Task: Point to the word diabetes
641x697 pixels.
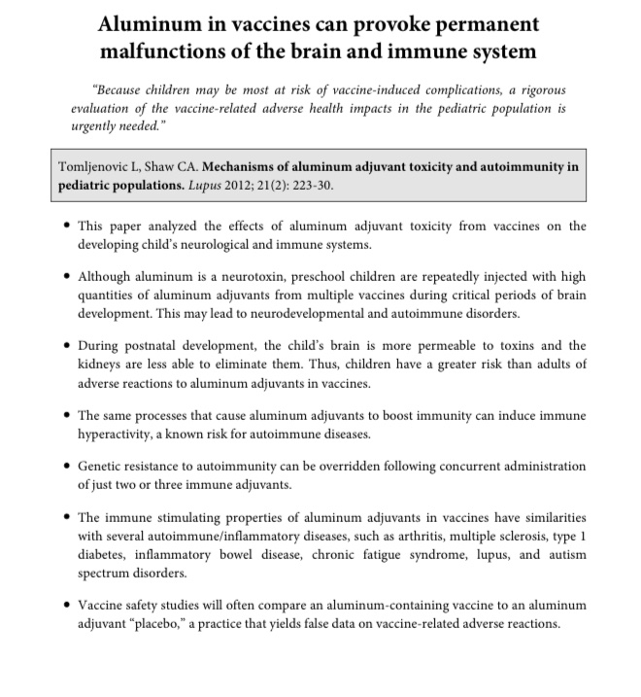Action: (x=102, y=554)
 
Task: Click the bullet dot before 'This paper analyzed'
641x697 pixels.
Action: (x=65, y=227)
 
